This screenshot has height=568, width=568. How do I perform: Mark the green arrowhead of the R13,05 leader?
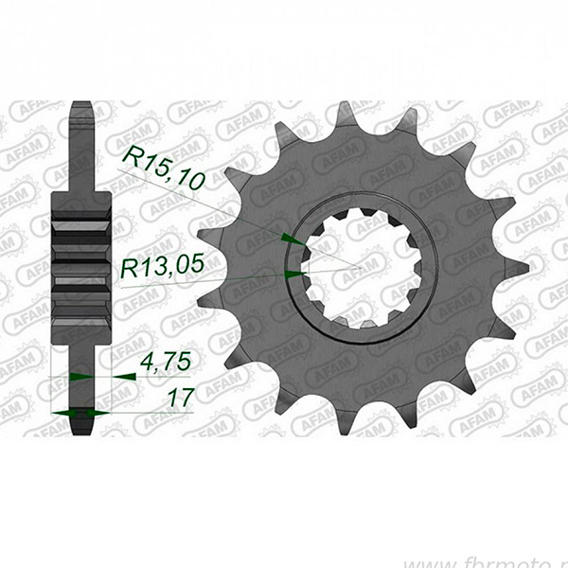coord(294,275)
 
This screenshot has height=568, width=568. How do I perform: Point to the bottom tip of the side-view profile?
coord(80,432)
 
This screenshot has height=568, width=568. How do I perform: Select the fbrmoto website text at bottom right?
coord(516,554)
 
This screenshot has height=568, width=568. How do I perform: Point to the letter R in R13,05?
coord(129,269)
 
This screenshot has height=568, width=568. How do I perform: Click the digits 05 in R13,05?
coord(189,269)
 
